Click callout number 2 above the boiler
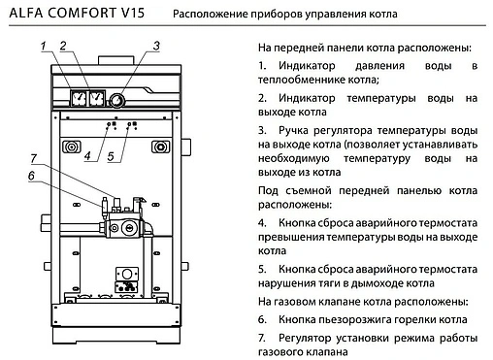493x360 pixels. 63,46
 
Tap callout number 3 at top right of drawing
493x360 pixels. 156,46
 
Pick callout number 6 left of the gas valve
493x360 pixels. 31,175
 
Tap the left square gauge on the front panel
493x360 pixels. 75,98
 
